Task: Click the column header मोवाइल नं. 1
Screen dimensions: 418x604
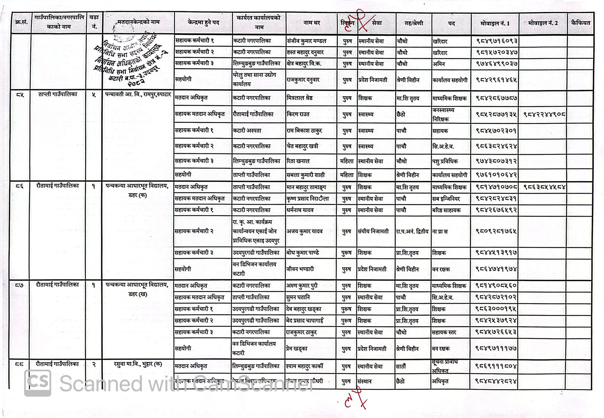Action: pyautogui.click(x=494, y=23)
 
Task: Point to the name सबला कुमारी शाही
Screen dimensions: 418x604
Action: pyautogui.click(x=306, y=175)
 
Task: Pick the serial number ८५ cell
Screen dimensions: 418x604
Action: pyautogui.click(x=20, y=95)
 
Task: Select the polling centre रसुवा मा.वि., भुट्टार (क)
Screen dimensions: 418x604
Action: pyautogui.click(x=138, y=364)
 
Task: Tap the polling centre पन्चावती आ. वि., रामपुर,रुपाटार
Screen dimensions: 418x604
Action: pyautogui.click(x=138, y=95)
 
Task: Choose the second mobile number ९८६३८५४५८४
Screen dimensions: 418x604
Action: pyautogui.click(x=544, y=187)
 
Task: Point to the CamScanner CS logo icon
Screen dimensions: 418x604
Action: pyautogui.click(x=37, y=383)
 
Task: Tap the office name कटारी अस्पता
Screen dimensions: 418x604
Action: pyautogui.click(x=247, y=130)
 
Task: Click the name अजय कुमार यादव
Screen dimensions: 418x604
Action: pyautogui.click(x=305, y=231)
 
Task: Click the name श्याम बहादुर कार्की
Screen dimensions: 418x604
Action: pyautogui.click(x=304, y=366)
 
